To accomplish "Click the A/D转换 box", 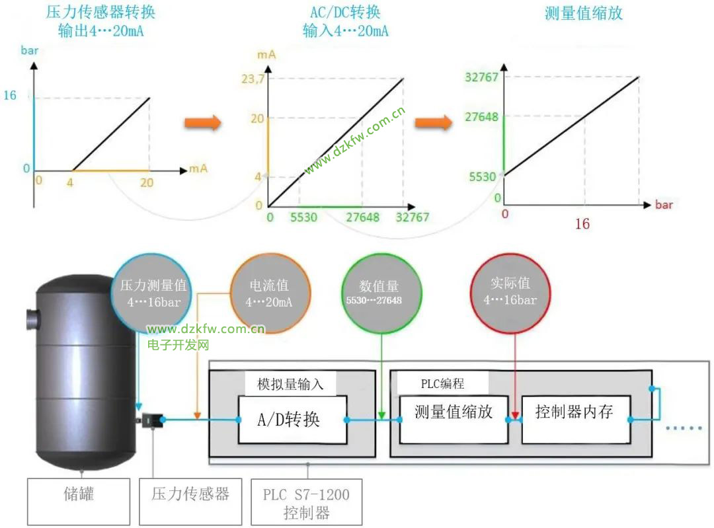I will [x=292, y=420].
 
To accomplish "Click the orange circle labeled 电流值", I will [x=269, y=293].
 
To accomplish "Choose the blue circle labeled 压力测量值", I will [x=153, y=293].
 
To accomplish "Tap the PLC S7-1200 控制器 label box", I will [x=306, y=502].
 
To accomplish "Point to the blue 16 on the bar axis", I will [x=10, y=96].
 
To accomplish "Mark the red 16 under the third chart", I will [x=582, y=224].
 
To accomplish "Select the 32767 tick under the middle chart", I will [x=413, y=217].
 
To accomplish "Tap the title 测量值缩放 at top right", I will [x=584, y=13].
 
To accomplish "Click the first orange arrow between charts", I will [x=202, y=124].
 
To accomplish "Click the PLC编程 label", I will [x=442, y=383].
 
